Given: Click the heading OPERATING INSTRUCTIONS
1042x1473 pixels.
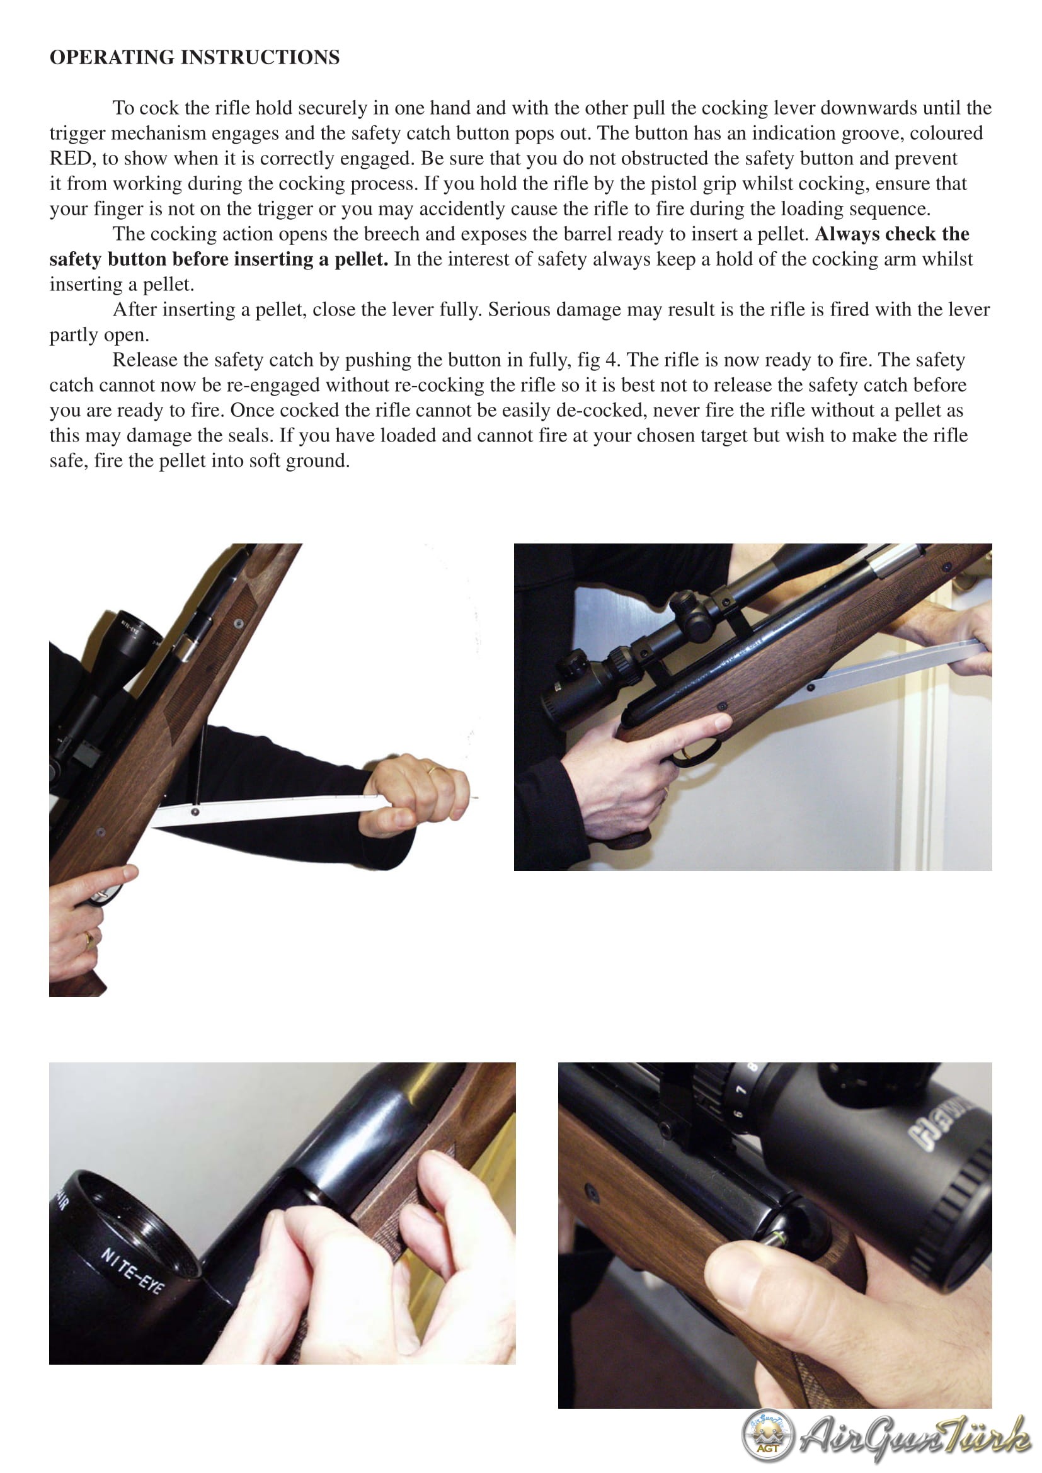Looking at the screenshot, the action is point(195,57).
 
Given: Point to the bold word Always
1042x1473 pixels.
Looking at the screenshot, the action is point(847,234).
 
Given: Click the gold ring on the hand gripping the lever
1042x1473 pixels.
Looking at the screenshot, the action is point(435,768).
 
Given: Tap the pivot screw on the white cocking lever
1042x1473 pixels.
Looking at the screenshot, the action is point(195,812).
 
